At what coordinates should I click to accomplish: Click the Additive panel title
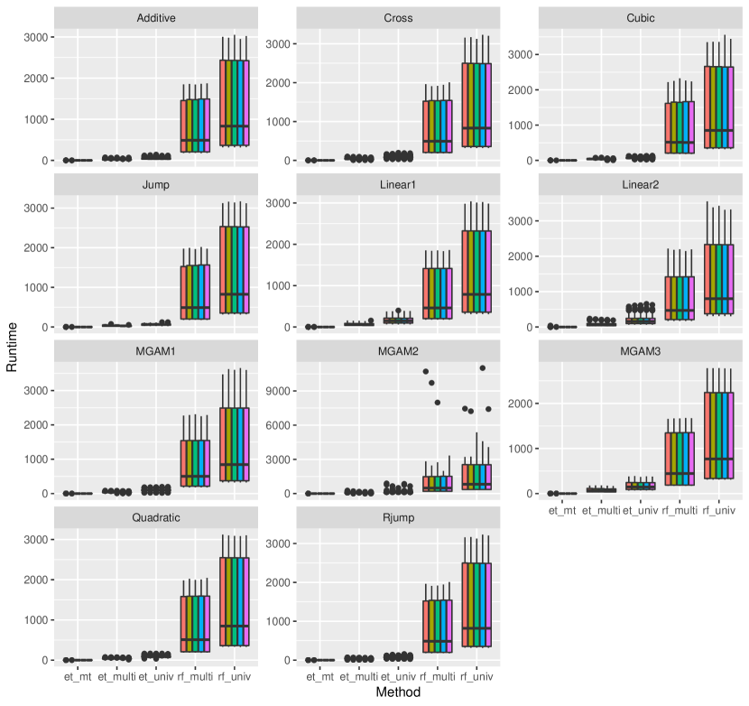point(156,18)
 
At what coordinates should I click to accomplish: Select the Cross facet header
point(399,18)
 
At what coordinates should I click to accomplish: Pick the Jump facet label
point(156,185)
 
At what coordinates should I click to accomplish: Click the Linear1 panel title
point(399,185)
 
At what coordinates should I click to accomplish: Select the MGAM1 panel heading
point(156,351)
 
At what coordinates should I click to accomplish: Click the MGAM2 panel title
point(399,351)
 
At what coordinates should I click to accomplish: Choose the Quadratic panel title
point(156,517)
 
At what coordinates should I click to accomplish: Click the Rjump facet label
point(399,517)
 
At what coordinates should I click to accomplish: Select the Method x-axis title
point(399,692)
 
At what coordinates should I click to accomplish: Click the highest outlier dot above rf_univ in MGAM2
point(483,368)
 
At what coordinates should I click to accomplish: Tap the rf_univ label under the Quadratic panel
point(234,675)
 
